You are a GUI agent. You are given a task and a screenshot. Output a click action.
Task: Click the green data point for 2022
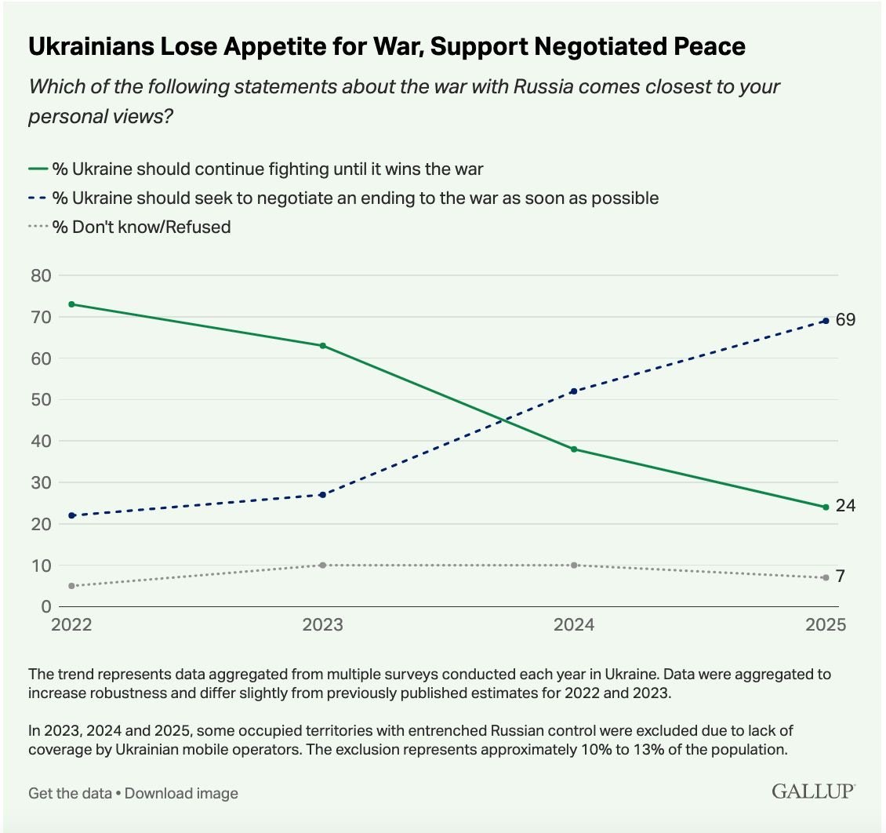[72, 304]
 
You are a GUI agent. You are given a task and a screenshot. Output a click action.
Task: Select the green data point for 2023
[323, 345]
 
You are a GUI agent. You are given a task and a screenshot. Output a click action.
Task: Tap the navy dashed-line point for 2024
[574, 391]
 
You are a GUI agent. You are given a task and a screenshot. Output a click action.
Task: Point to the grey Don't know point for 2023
[323, 565]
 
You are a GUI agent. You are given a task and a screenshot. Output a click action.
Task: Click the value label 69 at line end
[845, 320]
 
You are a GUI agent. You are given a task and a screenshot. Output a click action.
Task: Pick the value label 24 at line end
[845, 507]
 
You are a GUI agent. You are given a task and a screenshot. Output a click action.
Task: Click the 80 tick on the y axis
[41, 275]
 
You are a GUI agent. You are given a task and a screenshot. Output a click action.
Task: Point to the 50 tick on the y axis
[41, 399]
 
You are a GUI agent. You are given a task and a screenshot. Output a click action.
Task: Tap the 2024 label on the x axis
[574, 625]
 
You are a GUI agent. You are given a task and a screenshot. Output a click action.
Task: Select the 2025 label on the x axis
[825, 625]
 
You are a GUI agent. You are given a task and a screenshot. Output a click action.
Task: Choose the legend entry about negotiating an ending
[354, 198]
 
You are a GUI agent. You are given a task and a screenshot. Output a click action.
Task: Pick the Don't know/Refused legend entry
[141, 227]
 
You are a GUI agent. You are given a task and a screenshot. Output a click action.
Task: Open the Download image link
[181, 793]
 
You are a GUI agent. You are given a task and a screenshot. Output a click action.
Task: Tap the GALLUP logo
[813, 791]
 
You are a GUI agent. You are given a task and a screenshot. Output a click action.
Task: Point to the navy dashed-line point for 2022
[72, 515]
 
